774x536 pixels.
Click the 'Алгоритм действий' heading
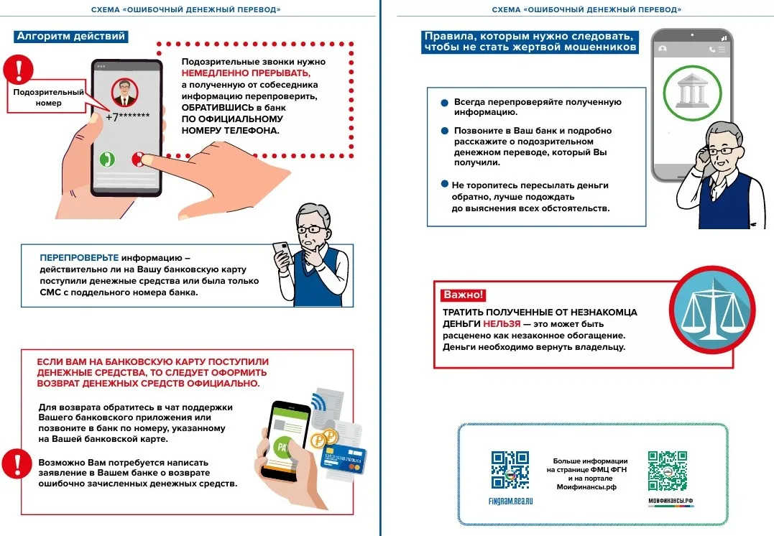tap(71, 36)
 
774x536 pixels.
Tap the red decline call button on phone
tap(138, 159)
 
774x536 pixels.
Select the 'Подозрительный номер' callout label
tap(48, 98)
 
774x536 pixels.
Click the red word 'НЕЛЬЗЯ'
tap(502, 324)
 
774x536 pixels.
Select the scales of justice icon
tap(711, 309)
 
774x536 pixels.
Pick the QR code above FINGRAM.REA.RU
tap(510, 470)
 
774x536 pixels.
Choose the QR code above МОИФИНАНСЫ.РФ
tap(667, 470)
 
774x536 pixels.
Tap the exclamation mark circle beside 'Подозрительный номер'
tap(18, 70)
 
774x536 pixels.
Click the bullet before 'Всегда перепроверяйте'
tap(445, 103)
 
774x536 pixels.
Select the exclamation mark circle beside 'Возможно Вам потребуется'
tap(14, 463)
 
